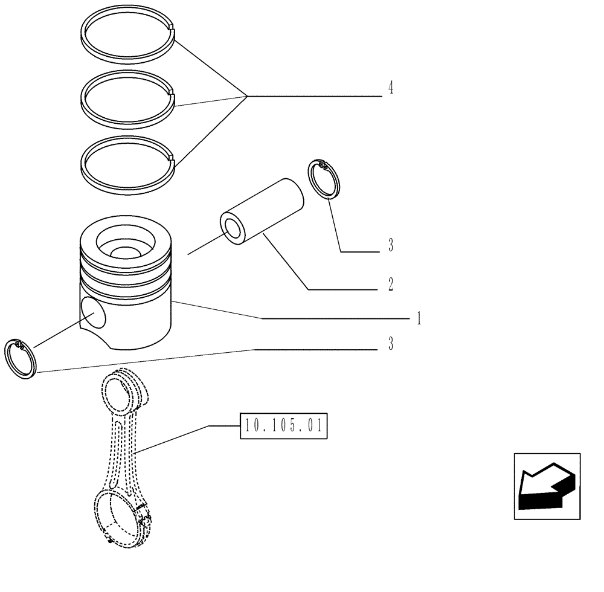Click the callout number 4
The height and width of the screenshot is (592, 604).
[391, 89]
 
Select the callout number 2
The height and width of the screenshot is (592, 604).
[391, 284]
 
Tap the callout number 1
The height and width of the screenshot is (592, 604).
[418, 318]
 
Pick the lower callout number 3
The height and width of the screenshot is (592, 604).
[391, 345]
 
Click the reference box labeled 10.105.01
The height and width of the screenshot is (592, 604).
[283, 426]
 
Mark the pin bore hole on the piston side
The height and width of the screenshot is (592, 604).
[92, 314]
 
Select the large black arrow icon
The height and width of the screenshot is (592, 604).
[545, 486]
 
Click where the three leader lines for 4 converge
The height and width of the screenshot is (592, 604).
[246, 95]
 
